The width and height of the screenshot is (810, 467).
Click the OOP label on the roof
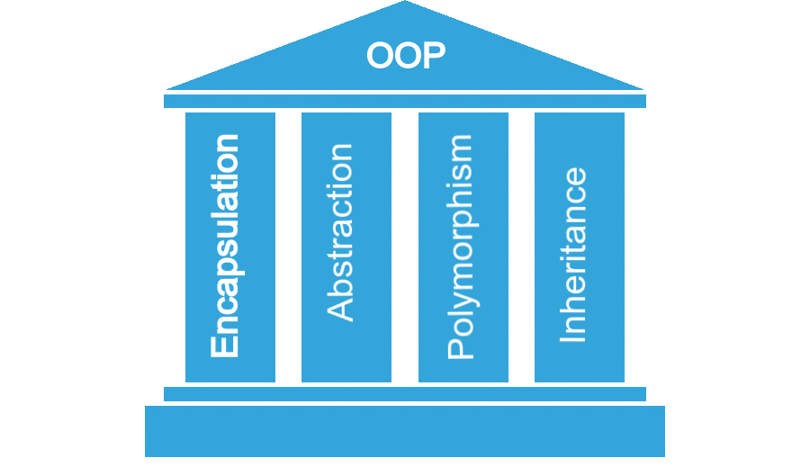[x=405, y=56]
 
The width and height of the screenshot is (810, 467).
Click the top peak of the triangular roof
[x=405, y=4]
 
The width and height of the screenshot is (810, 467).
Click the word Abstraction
[x=341, y=232]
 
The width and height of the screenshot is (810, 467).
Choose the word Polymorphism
[x=460, y=247]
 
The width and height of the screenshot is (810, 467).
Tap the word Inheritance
[x=573, y=255]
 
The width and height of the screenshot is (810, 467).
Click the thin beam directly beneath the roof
[x=405, y=101]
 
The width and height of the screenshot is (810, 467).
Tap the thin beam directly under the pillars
[x=405, y=394]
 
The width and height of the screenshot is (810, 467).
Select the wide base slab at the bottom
[x=405, y=431]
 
